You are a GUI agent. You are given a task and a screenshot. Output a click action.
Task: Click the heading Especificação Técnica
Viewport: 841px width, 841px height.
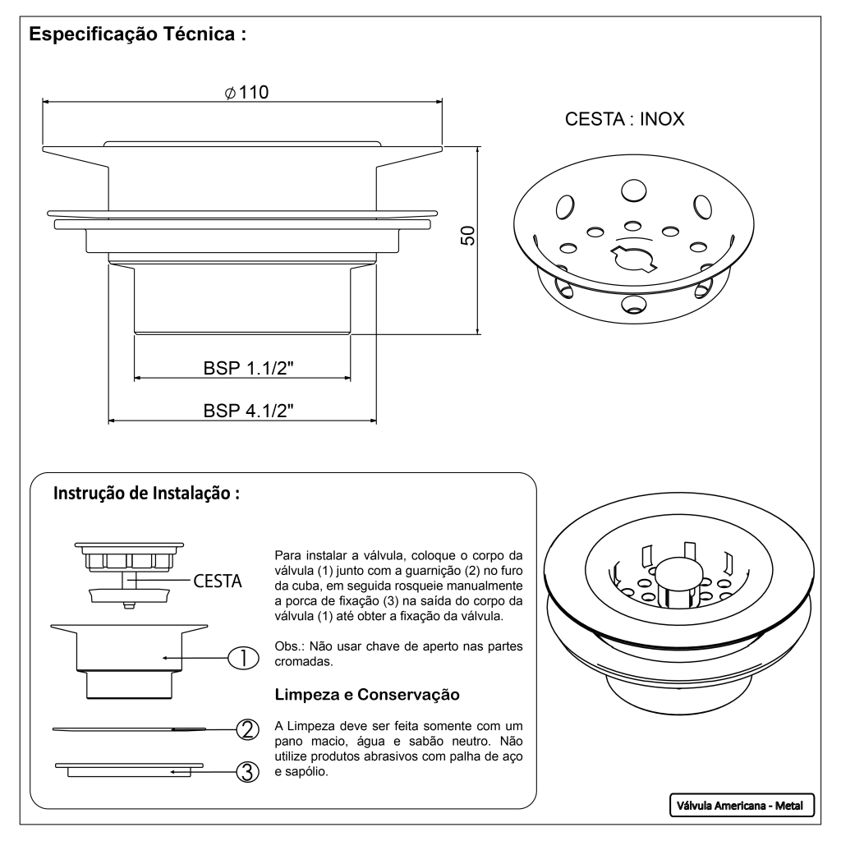tap(138, 37)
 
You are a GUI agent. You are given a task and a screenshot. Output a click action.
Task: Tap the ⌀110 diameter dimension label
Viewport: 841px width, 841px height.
tap(246, 93)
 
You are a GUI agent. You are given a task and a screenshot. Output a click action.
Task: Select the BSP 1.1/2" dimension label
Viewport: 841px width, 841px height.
tap(249, 368)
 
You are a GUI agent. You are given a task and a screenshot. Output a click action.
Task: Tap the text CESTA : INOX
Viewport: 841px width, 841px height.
tap(624, 120)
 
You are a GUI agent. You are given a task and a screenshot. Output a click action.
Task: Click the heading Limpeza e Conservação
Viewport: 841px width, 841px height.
tap(366, 694)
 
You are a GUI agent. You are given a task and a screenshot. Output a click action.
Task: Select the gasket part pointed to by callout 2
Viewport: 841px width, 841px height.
tap(123, 728)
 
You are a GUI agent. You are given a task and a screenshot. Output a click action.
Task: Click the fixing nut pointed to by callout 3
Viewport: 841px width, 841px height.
tap(123, 769)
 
